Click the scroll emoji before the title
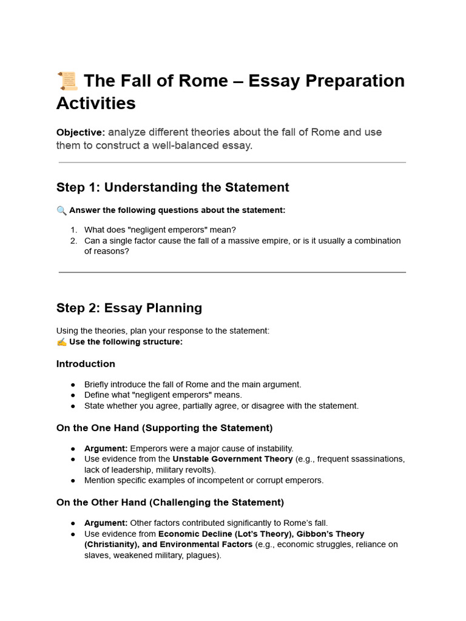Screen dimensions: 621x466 click(67, 81)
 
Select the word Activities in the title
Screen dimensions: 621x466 click(96, 103)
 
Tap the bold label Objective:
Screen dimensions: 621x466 click(81, 132)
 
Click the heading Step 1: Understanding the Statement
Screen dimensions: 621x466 click(172, 187)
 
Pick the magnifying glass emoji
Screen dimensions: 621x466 click(62, 210)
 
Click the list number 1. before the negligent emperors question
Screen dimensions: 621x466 click(73, 230)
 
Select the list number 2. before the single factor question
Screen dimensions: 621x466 click(73, 241)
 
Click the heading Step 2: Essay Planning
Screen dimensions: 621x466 click(129, 308)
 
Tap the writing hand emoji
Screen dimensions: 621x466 click(62, 342)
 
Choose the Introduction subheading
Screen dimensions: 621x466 click(86, 364)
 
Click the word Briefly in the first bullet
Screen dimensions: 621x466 click(98, 384)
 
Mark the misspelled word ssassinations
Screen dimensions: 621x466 click(378, 459)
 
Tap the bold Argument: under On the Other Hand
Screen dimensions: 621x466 click(106, 523)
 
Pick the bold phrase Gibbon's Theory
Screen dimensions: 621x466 click(330, 534)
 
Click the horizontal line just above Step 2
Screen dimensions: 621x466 click(232, 272)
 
